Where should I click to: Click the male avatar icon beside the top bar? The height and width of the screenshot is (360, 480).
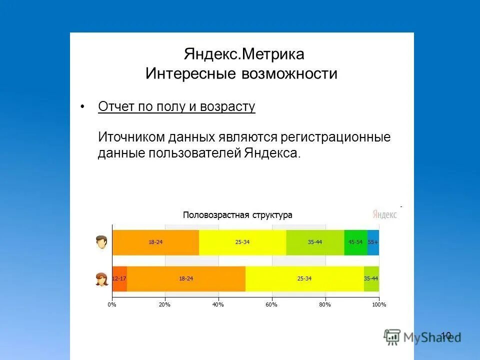click(102, 242)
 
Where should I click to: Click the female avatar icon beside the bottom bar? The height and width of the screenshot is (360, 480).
click(102, 279)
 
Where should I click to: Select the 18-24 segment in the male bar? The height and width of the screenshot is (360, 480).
click(155, 242)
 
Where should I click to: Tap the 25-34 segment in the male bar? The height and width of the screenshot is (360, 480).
click(242, 242)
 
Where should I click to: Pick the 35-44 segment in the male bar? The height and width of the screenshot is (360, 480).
click(315, 242)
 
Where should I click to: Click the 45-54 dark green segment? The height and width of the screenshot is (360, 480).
click(355, 242)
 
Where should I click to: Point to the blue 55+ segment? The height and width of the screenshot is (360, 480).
click(373, 242)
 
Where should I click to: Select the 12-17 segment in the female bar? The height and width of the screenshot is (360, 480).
click(119, 279)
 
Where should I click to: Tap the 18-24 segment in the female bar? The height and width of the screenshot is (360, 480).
click(186, 279)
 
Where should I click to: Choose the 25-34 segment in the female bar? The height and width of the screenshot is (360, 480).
click(304, 279)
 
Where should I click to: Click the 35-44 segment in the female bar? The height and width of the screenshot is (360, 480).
click(371, 279)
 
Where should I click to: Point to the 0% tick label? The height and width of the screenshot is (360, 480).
click(112, 304)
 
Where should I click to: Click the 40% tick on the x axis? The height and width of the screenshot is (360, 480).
click(218, 304)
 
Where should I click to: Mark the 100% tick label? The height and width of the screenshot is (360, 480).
click(379, 304)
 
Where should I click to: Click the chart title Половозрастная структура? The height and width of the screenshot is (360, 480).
click(237, 215)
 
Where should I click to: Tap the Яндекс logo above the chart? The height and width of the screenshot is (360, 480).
click(384, 214)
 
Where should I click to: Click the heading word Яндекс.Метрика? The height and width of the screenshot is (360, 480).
click(244, 53)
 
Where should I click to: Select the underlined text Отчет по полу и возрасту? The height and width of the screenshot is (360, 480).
click(176, 107)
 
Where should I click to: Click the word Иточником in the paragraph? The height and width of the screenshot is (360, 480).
click(131, 136)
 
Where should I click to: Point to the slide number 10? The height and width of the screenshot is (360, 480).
click(446, 335)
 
